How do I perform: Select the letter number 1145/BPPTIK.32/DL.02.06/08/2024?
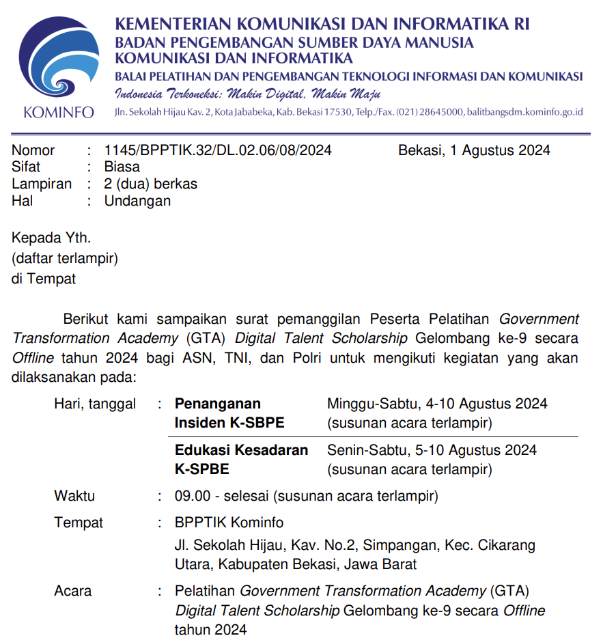pos(218,150)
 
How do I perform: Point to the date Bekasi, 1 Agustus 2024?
pos(474,150)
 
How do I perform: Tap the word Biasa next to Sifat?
pos(122,167)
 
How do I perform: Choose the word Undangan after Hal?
pos(137,201)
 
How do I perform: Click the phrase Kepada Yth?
pos(51,238)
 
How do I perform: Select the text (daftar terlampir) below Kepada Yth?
pos(65,258)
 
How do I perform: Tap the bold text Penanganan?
pos(218,404)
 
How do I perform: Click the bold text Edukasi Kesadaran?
pos(241,450)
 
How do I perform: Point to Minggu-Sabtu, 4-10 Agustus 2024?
pos(437,404)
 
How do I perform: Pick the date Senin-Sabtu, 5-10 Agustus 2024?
pos(432,450)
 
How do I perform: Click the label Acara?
pos(72,591)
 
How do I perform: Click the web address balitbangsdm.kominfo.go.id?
pos(524,112)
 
